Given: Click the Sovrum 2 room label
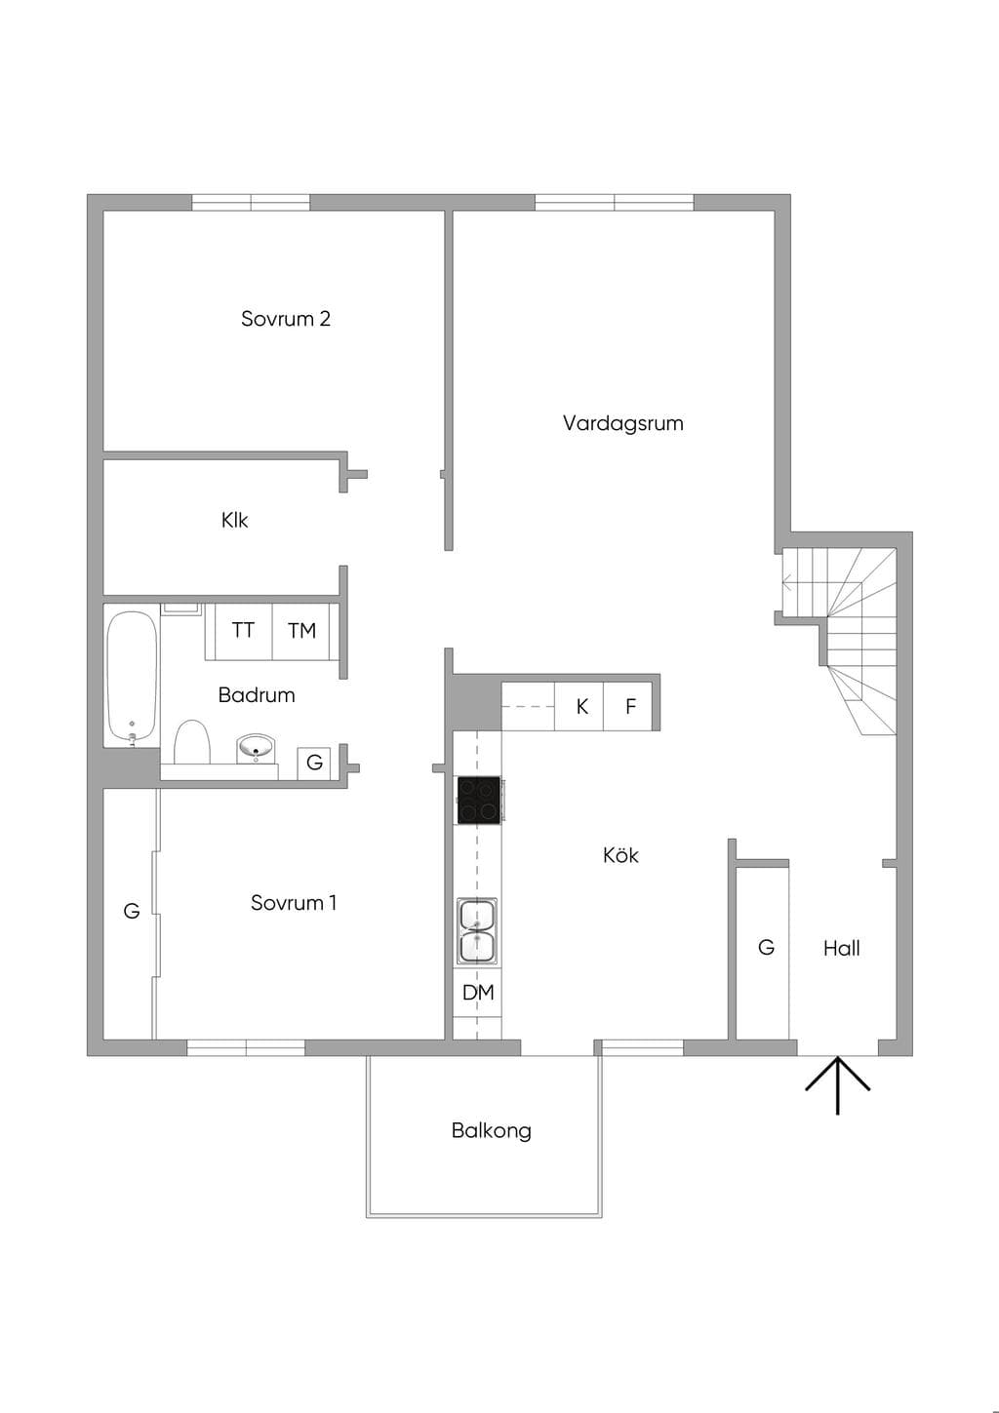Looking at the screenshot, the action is (285, 319).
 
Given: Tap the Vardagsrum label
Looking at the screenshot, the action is (622, 422).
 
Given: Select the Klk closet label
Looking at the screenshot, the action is (234, 521).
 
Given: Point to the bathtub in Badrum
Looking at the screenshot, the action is (132, 676).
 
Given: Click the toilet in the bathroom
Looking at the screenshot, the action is (191, 742).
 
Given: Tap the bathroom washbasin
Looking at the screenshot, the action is (257, 748).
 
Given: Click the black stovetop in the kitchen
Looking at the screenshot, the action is (479, 800).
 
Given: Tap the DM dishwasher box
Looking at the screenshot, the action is (478, 993).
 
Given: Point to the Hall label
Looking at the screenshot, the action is (841, 948).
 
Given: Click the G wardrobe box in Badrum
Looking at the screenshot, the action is (314, 763).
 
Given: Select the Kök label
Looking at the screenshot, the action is (620, 855).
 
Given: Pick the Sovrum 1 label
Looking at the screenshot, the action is (294, 903).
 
